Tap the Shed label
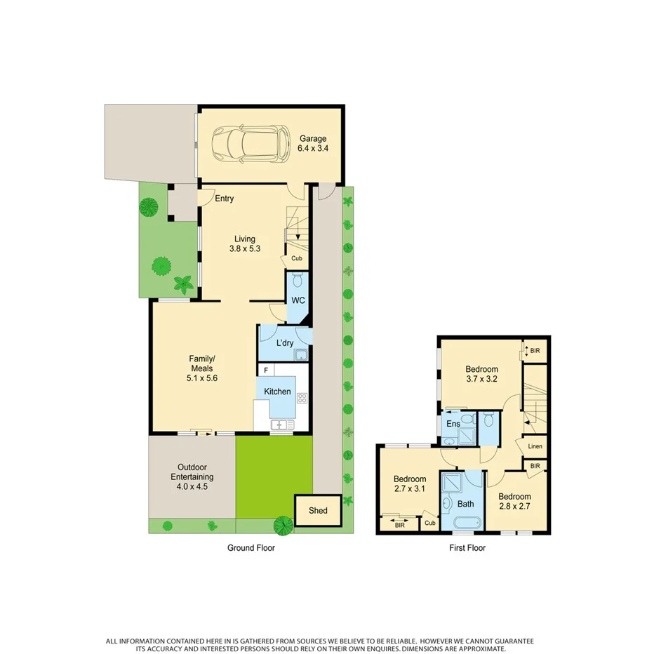(x=318, y=510)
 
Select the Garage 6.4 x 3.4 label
(x=312, y=143)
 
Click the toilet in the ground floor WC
(x=298, y=281)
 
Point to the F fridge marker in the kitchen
(x=266, y=370)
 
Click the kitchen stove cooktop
(x=302, y=398)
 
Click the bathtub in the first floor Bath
(x=465, y=523)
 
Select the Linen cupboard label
(x=535, y=447)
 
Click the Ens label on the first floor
(x=453, y=423)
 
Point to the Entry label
(x=225, y=199)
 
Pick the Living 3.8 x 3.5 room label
(x=245, y=243)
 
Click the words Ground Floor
(x=251, y=548)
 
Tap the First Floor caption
(x=467, y=548)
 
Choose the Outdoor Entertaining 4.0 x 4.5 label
(x=192, y=477)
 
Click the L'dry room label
(x=284, y=343)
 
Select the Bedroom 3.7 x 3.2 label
(x=481, y=374)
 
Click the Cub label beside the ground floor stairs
(x=297, y=258)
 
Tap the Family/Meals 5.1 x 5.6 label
(x=201, y=368)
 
